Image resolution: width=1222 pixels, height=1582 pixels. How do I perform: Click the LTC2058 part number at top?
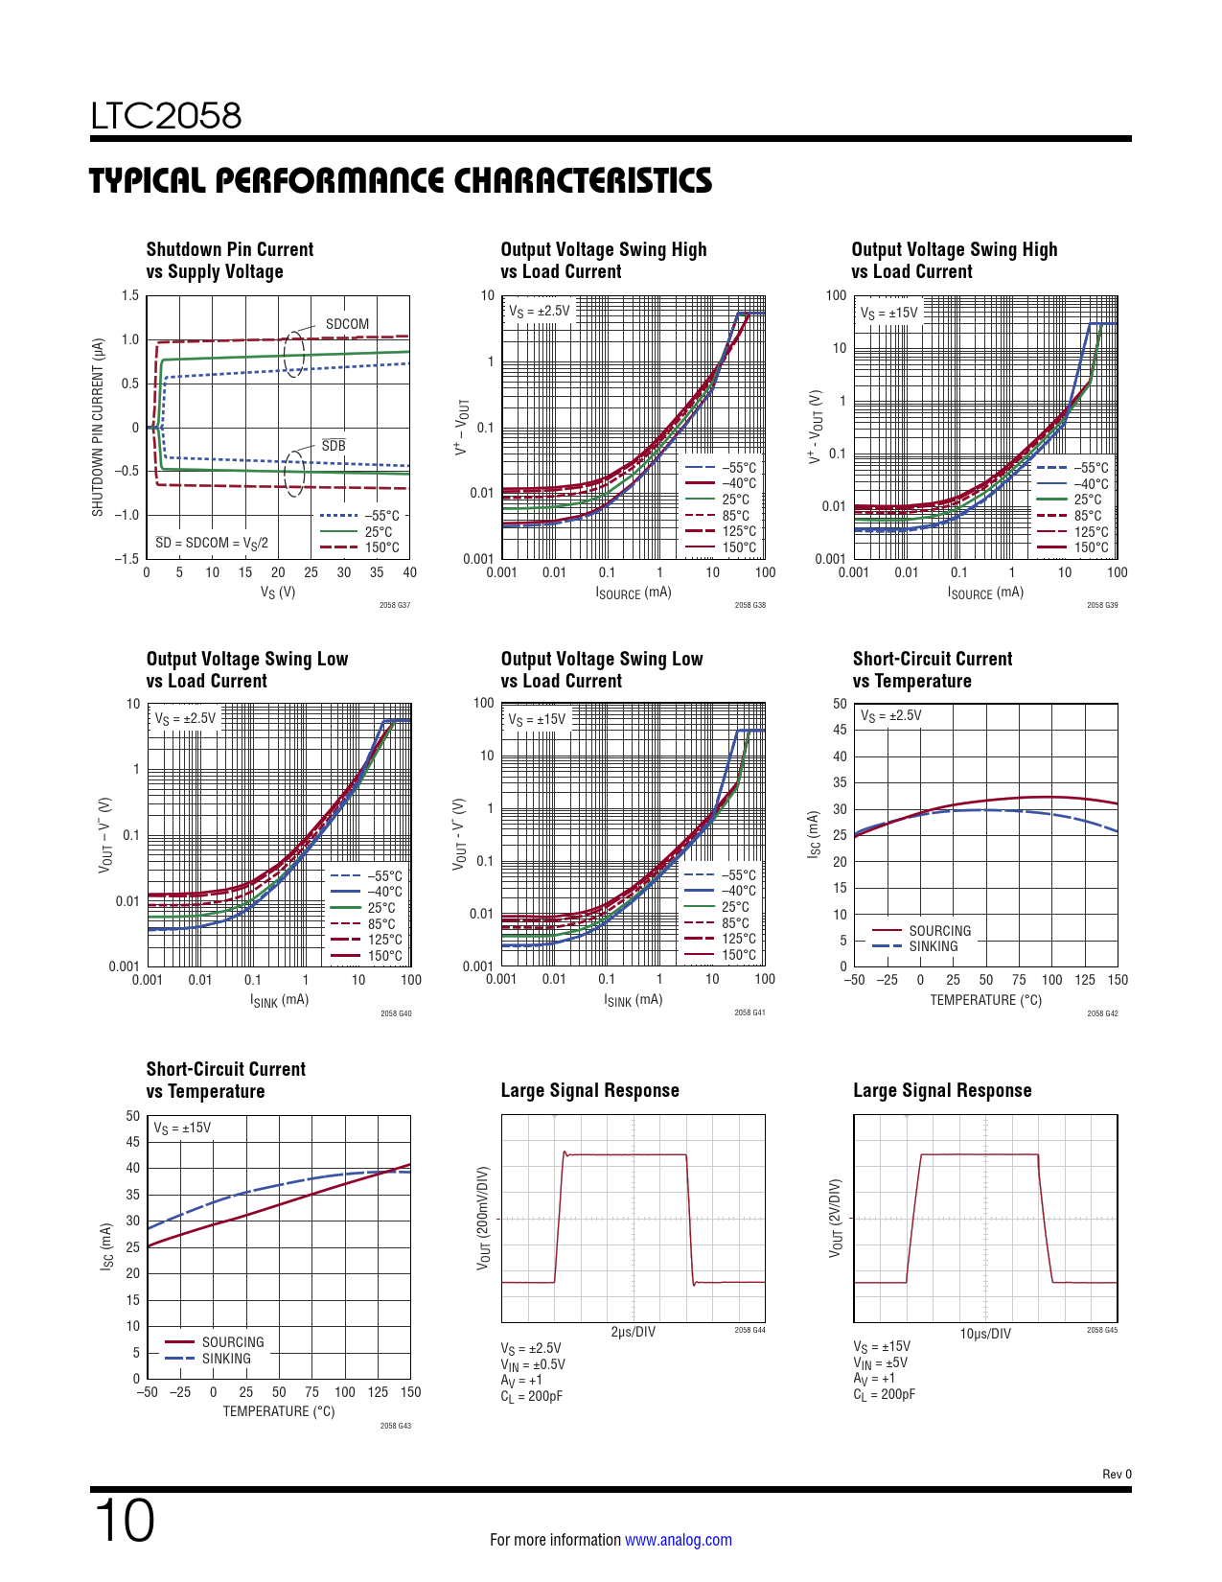pos(166,116)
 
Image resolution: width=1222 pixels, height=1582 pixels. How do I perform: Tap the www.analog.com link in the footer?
pos(678,1540)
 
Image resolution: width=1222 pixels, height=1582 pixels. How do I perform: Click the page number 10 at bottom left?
pos(124,1520)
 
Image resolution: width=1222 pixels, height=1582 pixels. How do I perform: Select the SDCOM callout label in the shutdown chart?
pos(347,324)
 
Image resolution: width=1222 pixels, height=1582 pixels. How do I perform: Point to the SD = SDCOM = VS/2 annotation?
pos(212,543)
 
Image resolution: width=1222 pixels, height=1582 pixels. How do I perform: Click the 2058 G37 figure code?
pos(395,605)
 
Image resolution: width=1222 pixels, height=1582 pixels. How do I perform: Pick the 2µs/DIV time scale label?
pos(633,1333)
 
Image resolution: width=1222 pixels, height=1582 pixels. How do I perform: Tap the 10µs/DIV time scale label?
pos(985,1334)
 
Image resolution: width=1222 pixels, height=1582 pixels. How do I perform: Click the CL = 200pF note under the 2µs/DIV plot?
pos(532,1396)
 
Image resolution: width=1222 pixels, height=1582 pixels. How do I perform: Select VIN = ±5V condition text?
pos(881,1362)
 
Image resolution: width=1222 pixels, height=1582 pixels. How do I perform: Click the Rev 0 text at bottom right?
pos(1117,1474)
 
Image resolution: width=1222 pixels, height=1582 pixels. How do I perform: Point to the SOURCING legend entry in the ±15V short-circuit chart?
pos(232,1342)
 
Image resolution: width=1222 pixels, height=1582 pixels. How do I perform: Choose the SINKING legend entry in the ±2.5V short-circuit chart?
pos(933,946)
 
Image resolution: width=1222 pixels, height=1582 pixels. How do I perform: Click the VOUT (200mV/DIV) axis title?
pos(484,1218)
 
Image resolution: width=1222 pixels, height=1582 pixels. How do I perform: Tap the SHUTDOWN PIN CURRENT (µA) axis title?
pos(98,427)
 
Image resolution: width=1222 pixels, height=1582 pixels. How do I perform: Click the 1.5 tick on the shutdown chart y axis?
pos(130,295)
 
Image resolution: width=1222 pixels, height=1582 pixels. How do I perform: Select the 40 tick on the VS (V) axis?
pos(409,572)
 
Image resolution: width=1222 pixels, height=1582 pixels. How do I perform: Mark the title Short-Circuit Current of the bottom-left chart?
pos(225,1069)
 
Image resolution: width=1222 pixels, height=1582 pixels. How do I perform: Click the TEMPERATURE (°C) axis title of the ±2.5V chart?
pos(985,1000)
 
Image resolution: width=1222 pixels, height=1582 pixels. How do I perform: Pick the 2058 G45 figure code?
pos(1102,1330)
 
